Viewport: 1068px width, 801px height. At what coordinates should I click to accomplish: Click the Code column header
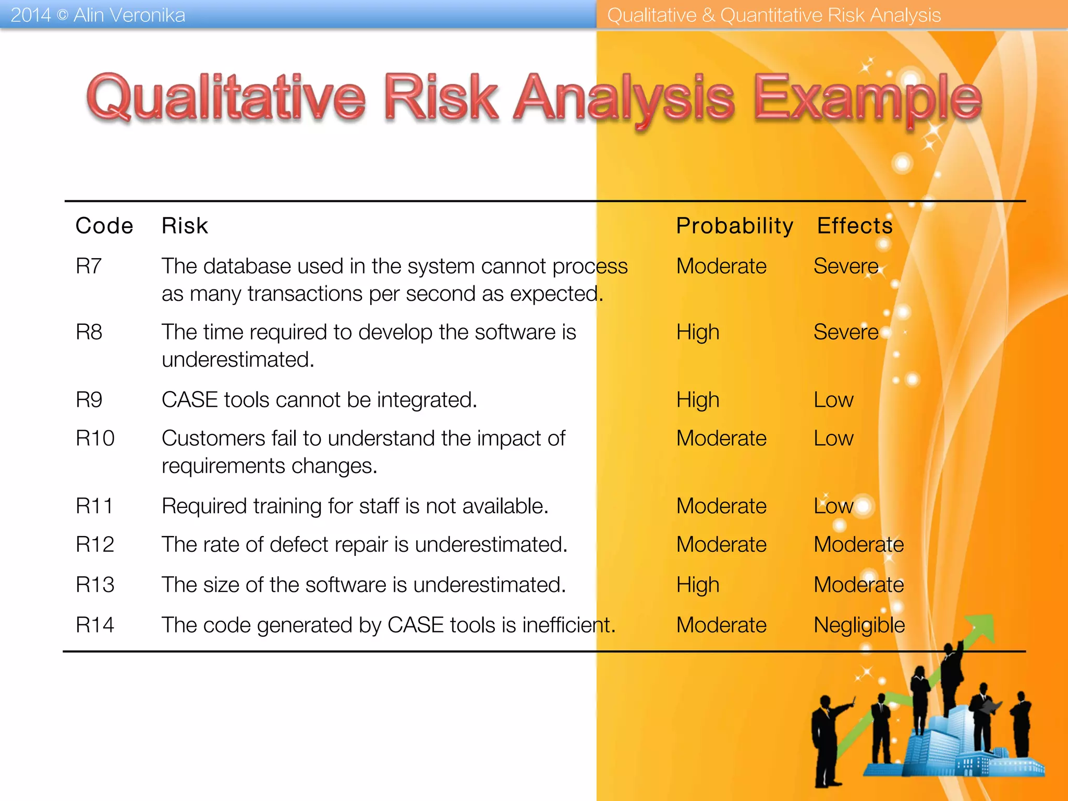(x=104, y=226)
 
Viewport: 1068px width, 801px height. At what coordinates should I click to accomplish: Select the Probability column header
(x=734, y=226)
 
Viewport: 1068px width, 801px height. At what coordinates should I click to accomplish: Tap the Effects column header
(x=855, y=226)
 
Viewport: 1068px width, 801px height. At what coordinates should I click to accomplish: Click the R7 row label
(x=89, y=266)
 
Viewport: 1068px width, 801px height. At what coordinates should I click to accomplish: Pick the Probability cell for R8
(x=698, y=332)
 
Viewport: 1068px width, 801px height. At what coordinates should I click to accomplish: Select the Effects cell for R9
(x=833, y=400)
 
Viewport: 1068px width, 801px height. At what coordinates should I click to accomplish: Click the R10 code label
(x=95, y=438)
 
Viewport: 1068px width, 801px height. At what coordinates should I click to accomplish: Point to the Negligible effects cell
(x=859, y=625)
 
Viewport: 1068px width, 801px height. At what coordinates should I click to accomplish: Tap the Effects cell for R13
(x=858, y=585)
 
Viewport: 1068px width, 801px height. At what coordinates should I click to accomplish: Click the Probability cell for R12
(x=721, y=544)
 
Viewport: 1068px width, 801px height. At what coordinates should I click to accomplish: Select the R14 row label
(x=95, y=625)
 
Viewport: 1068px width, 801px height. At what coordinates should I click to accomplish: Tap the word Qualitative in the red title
(x=226, y=98)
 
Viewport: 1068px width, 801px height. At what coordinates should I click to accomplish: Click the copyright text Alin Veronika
(x=129, y=15)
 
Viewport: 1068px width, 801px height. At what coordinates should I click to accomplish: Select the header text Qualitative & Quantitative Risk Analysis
(x=774, y=15)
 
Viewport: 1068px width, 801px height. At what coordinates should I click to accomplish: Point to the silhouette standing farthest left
(x=827, y=741)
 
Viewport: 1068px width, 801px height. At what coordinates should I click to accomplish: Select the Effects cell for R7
(x=846, y=266)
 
